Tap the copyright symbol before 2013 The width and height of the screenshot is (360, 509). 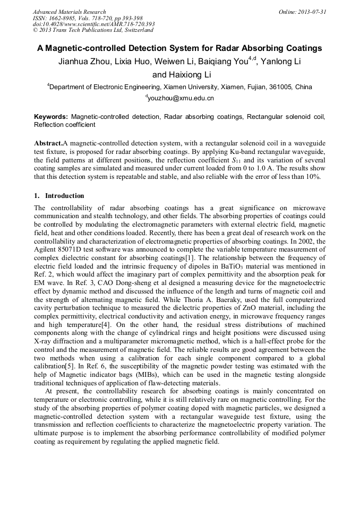point(35,31)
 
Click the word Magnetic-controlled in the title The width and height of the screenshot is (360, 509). point(87,48)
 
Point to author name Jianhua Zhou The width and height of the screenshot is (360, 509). point(85,62)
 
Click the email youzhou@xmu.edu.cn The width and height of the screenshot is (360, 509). point(181,98)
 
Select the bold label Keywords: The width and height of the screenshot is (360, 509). point(51,116)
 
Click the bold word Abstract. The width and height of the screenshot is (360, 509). point(48,143)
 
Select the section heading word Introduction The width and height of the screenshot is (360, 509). point(64,196)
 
